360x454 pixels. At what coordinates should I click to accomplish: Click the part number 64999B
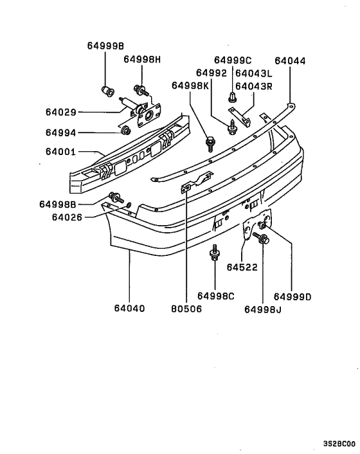106,46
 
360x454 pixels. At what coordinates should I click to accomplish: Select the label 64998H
143,60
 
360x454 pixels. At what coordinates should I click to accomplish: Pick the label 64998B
59,204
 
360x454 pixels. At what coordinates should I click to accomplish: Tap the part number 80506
184,308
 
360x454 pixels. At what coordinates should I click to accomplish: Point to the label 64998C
216,296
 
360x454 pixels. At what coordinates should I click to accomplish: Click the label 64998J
263,309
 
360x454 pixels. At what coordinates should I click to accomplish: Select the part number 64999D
292,296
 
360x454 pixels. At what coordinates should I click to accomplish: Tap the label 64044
290,62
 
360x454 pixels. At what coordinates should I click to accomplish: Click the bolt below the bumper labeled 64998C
214,256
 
